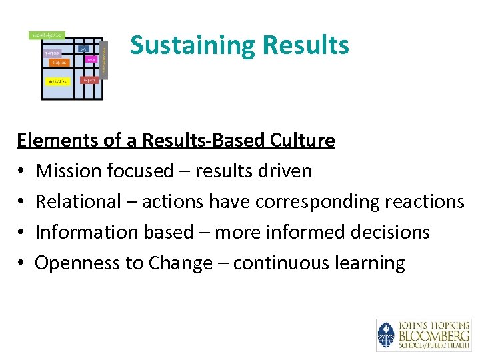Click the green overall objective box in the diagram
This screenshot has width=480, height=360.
pos(47,35)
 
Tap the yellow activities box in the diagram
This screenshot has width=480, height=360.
pos(57,81)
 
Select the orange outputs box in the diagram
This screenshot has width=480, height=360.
pos(58,63)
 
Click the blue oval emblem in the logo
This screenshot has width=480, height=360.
pos(386,335)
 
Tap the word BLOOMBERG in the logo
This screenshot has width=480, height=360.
pos(433,335)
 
